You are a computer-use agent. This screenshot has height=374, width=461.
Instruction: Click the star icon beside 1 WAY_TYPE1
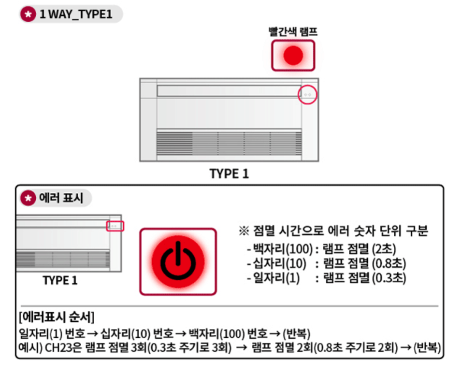[29, 14]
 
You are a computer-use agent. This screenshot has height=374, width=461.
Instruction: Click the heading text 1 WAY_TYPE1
[76, 14]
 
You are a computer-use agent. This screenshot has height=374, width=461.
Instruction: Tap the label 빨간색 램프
[293, 32]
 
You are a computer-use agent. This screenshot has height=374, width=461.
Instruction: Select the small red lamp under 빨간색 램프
[293, 56]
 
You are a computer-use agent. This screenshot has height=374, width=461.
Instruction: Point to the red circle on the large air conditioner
[307, 95]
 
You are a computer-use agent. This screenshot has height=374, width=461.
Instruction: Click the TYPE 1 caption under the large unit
[229, 174]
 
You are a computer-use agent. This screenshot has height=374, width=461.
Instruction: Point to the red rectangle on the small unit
[115, 226]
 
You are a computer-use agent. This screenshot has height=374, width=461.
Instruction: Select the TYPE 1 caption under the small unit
[60, 280]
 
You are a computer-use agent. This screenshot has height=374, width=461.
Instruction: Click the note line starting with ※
[333, 231]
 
